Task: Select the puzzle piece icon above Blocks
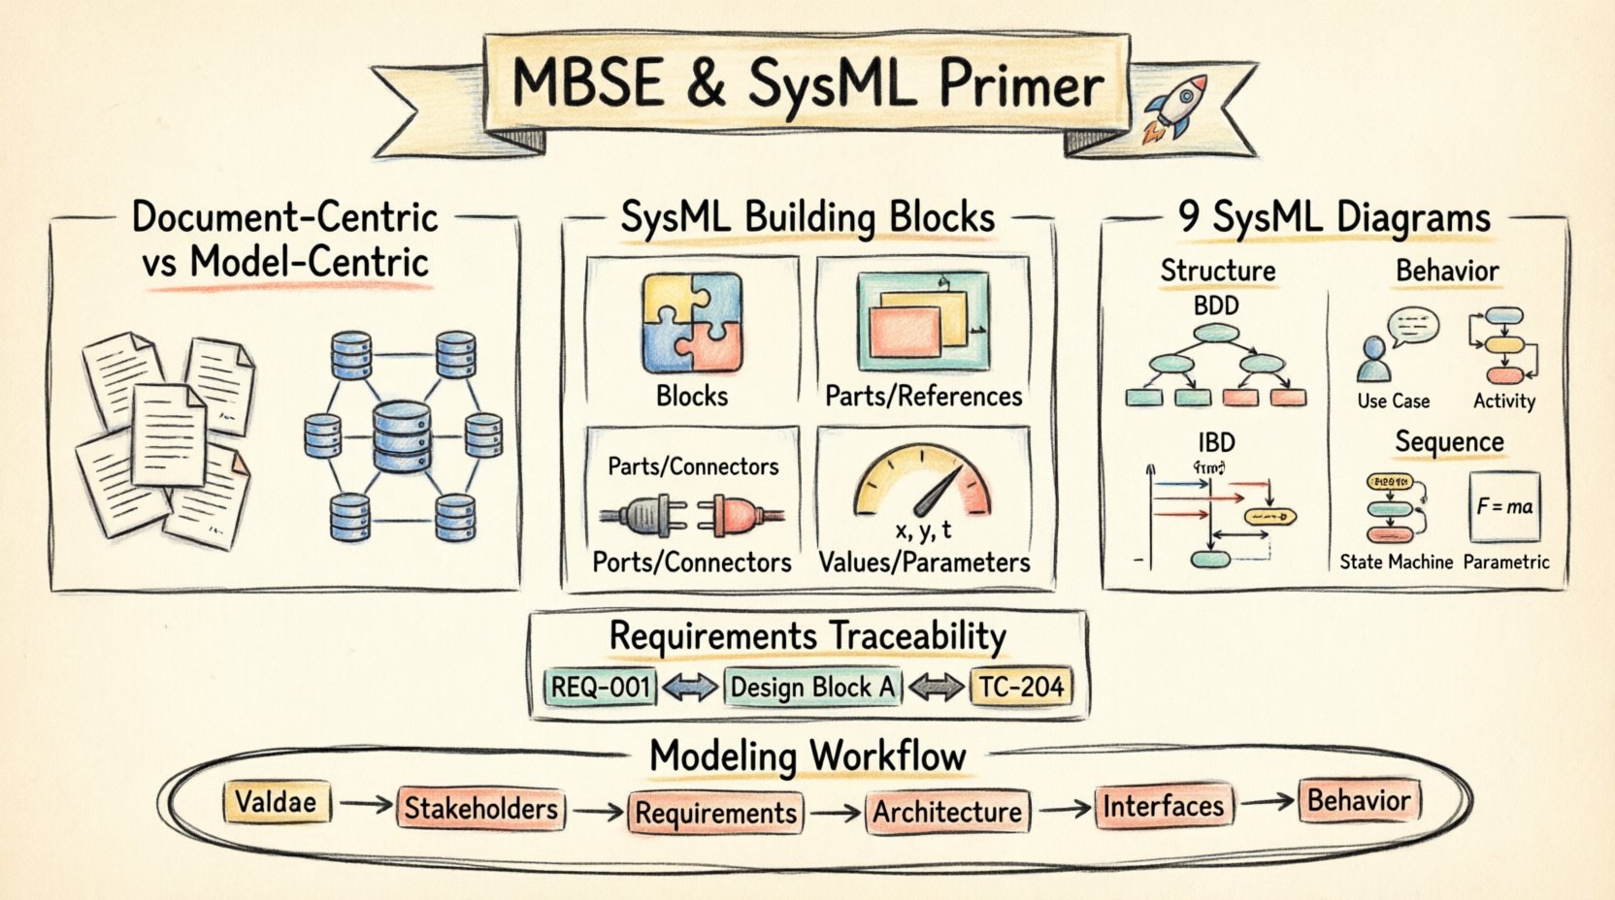(x=692, y=323)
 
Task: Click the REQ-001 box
(x=600, y=687)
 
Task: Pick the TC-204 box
(x=1021, y=687)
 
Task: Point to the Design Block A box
(x=811, y=687)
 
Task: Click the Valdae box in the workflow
(x=276, y=802)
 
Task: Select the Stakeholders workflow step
(x=480, y=809)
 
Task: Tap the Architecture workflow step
(x=946, y=812)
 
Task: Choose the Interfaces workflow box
(x=1163, y=806)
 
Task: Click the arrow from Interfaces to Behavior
(x=1267, y=802)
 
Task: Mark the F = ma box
(x=1504, y=506)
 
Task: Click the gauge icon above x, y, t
(x=922, y=482)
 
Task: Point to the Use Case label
(x=1393, y=402)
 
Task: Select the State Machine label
(x=1396, y=562)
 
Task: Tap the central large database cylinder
(x=402, y=436)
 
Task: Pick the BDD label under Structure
(x=1216, y=306)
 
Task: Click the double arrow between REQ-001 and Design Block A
(x=689, y=687)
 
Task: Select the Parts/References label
(x=923, y=396)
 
